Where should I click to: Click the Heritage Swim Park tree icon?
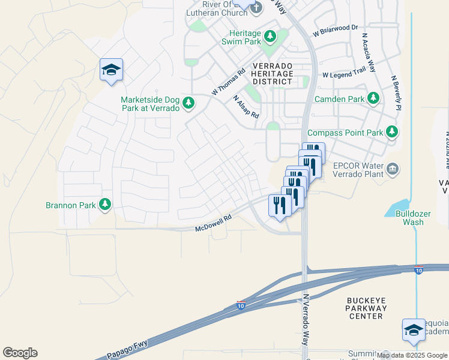[x=270, y=37]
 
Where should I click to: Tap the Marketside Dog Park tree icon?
[x=188, y=104]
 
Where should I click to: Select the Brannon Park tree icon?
[x=105, y=205]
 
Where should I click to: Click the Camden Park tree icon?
[x=373, y=98]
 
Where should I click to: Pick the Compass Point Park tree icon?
[x=392, y=131]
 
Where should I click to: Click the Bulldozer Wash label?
[x=405, y=222]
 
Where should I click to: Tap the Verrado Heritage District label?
[x=273, y=73]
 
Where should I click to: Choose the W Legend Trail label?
[x=344, y=74]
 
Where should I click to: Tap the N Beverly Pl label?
[x=395, y=93]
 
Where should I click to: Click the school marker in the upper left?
[x=111, y=70]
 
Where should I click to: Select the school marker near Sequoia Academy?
[x=414, y=330]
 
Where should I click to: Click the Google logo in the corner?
[x=20, y=353]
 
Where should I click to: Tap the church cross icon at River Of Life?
[x=256, y=8]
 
